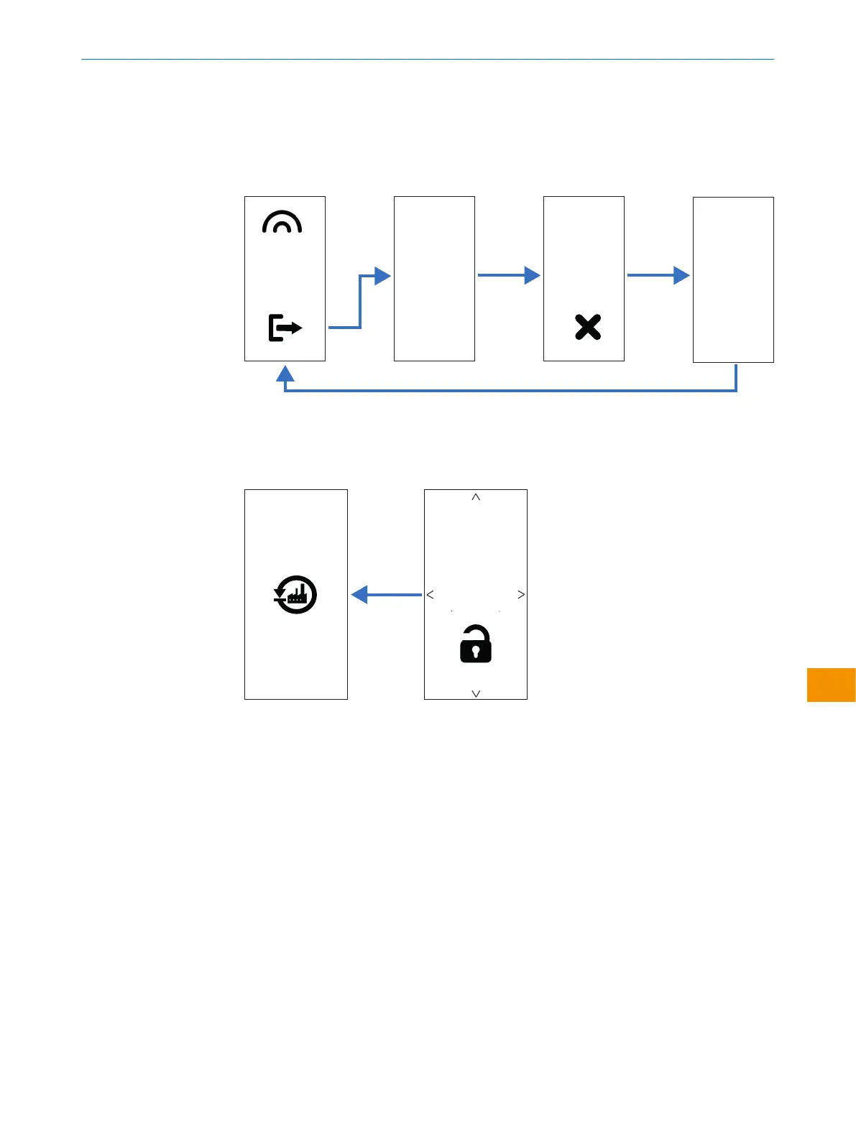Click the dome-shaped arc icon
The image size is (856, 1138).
pyautogui.click(x=282, y=223)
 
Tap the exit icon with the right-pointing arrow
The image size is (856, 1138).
pyautogui.click(x=285, y=328)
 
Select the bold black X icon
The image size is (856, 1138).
pyautogui.click(x=588, y=327)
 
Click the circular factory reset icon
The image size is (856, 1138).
pyautogui.click(x=295, y=595)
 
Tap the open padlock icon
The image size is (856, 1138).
pyautogui.click(x=475, y=644)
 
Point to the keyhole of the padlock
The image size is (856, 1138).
pyautogui.click(x=475, y=652)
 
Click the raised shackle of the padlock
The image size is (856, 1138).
pyautogui.click(x=475, y=632)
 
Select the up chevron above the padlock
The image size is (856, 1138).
pyautogui.click(x=475, y=497)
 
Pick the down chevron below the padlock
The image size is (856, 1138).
pyautogui.click(x=475, y=693)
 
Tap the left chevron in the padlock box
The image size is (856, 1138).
pyautogui.click(x=430, y=594)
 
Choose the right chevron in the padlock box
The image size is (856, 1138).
pyautogui.click(x=521, y=594)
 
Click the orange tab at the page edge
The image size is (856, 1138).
pyautogui.click(x=831, y=685)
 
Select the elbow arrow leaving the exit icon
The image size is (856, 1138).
pyautogui.click(x=359, y=302)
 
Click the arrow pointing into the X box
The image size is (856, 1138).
pyautogui.click(x=508, y=274)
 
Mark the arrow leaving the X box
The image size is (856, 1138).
pyautogui.click(x=658, y=274)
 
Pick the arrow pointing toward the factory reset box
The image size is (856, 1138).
pyautogui.click(x=386, y=595)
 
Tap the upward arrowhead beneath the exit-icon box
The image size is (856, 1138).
pyautogui.click(x=285, y=374)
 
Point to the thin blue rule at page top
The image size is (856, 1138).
pyautogui.click(x=428, y=59)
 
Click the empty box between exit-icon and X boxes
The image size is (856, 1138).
pyautogui.click(x=434, y=279)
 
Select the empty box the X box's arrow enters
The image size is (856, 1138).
pyautogui.click(x=733, y=279)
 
